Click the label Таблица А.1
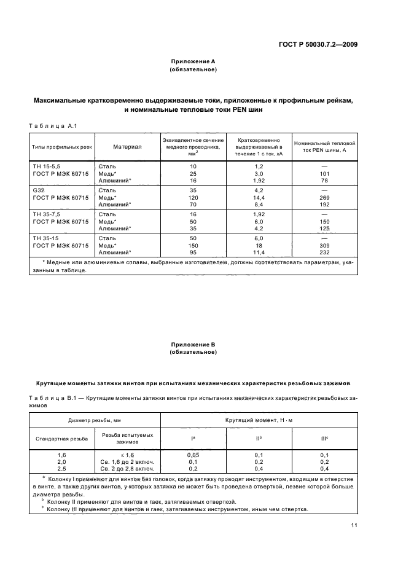[52, 126]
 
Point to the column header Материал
[128, 147]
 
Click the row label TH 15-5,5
[47, 166]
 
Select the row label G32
[39, 191]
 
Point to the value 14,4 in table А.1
[259, 198]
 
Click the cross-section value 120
[193, 198]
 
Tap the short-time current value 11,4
[259, 252]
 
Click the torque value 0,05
[193, 454]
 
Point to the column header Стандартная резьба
[61, 439]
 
